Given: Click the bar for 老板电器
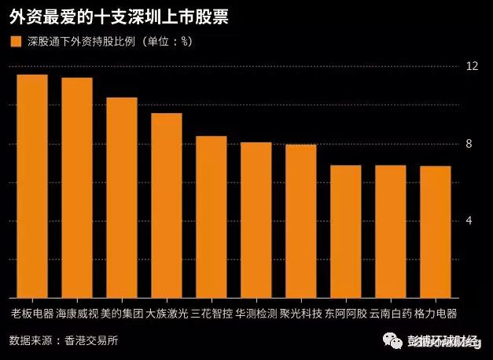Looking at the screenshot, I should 32,186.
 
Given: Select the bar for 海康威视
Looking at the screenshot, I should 77,188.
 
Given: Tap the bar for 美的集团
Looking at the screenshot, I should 122,198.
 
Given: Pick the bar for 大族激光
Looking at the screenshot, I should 167,206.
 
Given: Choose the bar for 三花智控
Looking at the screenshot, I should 212,217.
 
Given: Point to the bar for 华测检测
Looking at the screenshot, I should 256,220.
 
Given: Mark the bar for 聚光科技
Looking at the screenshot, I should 300,222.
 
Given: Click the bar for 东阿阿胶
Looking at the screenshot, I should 345,232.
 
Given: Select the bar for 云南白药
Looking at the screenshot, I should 390,232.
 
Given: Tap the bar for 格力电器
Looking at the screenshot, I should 435,232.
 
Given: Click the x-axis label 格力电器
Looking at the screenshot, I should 436,314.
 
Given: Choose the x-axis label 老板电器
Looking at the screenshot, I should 32,314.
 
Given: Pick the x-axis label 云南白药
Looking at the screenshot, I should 391,314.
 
